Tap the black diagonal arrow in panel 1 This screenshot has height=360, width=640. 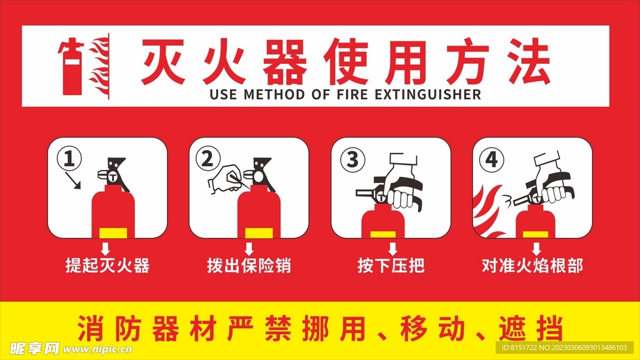(x=75, y=181)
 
